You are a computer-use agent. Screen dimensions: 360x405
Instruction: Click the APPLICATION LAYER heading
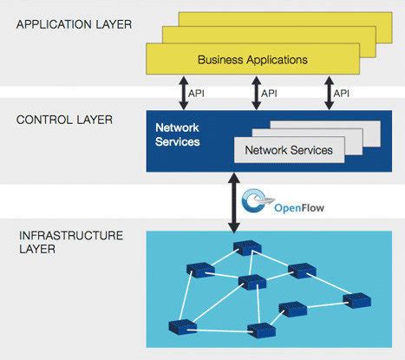pyautogui.click(x=74, y=23)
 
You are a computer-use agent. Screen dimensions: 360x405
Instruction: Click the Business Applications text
pyautogui.click(x=252, y=60)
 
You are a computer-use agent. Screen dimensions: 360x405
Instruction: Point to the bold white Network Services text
pyautogui.click(x=177, y=134)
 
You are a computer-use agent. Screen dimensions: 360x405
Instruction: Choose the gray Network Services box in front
pyautogui.click(x=289, y=150)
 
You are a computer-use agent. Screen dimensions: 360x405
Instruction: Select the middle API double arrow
pyautogui.click(x=256, y=91)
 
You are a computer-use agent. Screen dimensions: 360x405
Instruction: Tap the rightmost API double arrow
pyautogui.click(x=330, y=91)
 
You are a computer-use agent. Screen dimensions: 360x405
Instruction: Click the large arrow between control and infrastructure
pyautogui.click(x=232, y=200)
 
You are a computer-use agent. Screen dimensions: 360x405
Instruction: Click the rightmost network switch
pyautogui.click(x=356, y=299)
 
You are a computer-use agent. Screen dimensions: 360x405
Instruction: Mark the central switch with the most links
pyautogui.click(x=252, y=281)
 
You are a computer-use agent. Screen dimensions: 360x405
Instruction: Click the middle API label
pyautogui.click(x=271, y=91)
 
